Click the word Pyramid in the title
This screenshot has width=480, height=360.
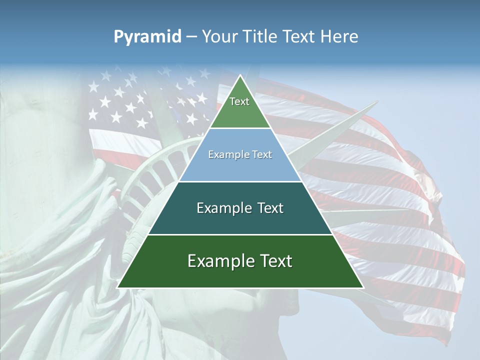(147, 37)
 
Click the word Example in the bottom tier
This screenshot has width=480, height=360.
(219, 261)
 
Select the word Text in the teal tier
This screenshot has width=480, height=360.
(268, 208)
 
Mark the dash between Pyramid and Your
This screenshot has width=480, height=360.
(191, 37)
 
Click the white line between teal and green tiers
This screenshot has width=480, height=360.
(240, 234)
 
